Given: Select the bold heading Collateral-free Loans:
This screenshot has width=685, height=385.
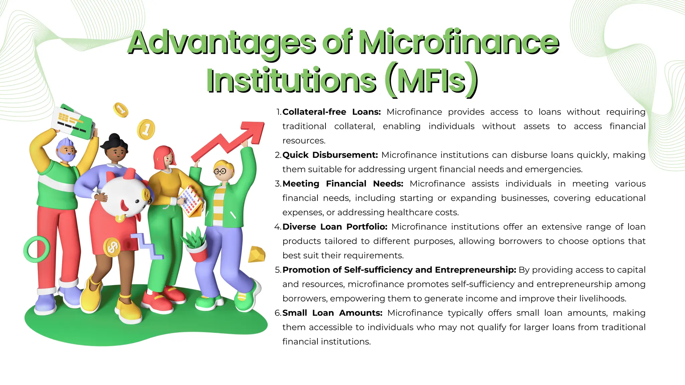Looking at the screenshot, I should click(x=331, y=112).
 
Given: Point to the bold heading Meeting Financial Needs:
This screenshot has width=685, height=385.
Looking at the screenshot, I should click(x=343, y=184).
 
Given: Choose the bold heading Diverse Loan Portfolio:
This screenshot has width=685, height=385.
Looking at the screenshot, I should click(x=335, y=227).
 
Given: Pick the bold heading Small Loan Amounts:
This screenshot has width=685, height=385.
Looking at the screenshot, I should click(x=332, y=313).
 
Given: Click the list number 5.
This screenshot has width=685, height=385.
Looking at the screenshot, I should click(x=278, y=270).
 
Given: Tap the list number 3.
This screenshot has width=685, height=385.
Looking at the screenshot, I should click(x=278, y=184).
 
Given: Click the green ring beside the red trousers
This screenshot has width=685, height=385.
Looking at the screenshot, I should click(x=36, y=249).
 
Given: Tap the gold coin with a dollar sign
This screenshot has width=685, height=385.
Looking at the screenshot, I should click(x=112, y=247).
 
